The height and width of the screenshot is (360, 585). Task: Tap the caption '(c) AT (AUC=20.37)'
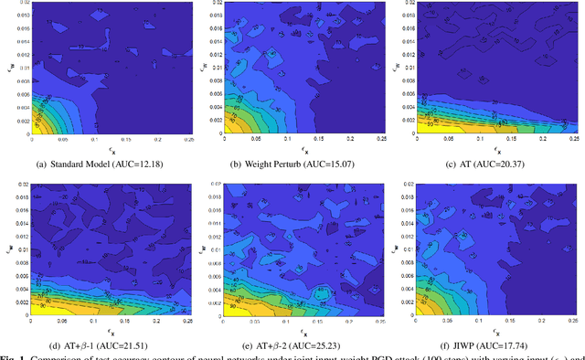click(486, 164)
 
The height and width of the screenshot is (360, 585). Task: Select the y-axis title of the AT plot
click(399, 66)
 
